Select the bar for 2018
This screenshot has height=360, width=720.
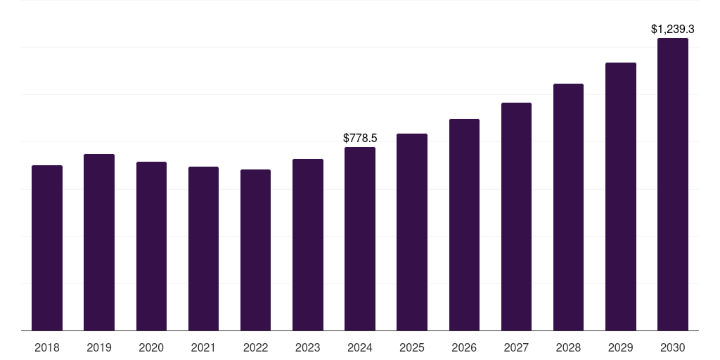47,248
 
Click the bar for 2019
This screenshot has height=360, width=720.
99,243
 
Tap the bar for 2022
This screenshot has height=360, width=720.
255,250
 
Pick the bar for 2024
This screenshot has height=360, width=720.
360,239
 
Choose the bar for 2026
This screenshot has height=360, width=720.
464,225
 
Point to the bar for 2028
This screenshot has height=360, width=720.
568,207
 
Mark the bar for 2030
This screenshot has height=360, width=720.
673,185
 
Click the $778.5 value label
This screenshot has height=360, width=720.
360,139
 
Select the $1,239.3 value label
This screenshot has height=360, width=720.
673,30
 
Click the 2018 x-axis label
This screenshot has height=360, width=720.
47,348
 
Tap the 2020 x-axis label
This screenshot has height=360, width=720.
151,348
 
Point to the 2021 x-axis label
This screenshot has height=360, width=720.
203,348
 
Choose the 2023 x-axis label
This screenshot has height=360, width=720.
308,348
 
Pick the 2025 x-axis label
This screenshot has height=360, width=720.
412,348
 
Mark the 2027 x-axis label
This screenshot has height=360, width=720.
516,348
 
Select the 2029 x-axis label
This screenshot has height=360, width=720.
620,348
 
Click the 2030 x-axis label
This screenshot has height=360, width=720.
673,348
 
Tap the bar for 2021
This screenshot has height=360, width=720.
203,249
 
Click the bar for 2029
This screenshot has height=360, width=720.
621,197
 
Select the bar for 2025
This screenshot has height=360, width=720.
412,232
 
